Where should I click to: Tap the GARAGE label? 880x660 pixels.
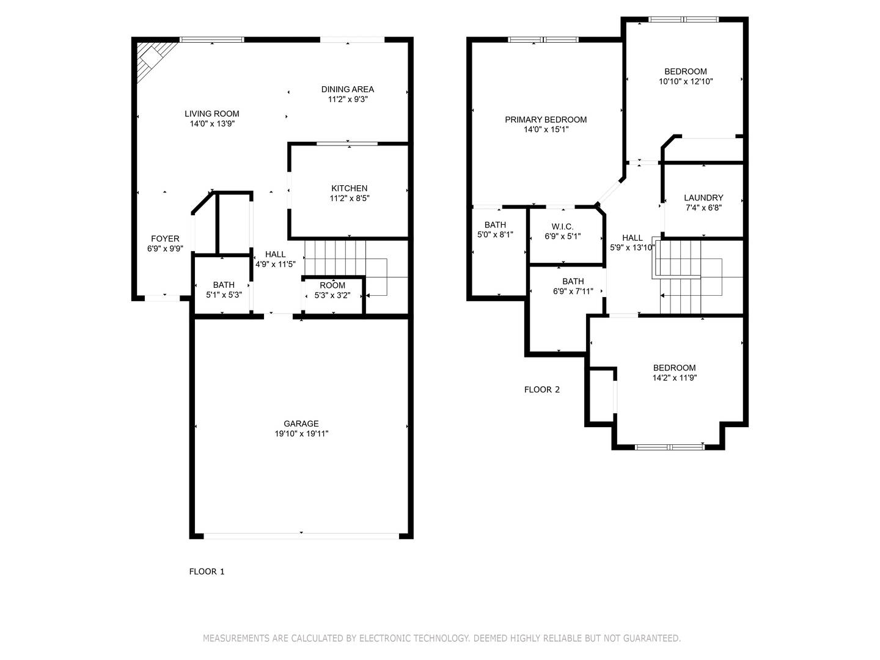click(x=301, y=424)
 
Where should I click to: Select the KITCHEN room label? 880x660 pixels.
click(x=349, y=188)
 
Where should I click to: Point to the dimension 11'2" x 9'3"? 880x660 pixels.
click(x=348, y=99)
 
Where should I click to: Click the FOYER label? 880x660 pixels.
click(x=165, y=239)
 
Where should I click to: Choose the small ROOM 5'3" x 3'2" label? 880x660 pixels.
click(x=332, y=285)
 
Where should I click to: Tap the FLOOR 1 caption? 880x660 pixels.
click(x=207, y=571)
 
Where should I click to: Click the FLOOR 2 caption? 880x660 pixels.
click(x=541, y=389)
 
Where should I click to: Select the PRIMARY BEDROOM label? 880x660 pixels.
click(x=546, y=120)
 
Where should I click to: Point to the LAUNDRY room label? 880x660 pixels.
click(x=703, y=198)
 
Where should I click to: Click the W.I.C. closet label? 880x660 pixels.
click(x=562, y=226)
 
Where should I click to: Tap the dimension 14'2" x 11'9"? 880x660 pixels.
click(x=674, y=378)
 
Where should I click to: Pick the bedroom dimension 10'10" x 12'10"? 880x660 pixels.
click(x=686, y=81)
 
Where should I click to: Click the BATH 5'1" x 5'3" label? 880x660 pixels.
click(x=224, y=285)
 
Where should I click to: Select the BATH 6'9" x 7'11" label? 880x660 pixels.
click(x=573, y=281)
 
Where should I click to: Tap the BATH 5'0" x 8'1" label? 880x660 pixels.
click(x=495, y=225)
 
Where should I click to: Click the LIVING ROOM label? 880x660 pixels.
click(x=212, y=114)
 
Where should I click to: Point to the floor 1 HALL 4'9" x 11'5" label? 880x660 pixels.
click(x=275, y=254)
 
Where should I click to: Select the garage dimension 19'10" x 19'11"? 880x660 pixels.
click(x=301, y=433)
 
